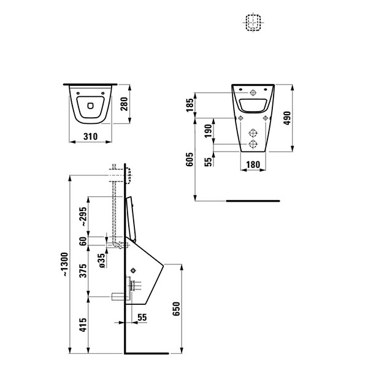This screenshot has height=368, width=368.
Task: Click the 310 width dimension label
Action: click(x=90, y=136)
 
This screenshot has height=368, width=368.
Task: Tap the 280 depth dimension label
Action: click(x=124, y=104)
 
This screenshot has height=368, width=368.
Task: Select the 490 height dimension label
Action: click(x=287, y=118)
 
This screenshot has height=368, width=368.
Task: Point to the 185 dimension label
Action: click(x=190, y=105)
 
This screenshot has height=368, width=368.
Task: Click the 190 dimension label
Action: click(x=208, y=131)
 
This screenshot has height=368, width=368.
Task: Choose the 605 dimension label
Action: click(x=190, y=159)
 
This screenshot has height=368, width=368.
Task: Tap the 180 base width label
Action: click(x=253, y=164)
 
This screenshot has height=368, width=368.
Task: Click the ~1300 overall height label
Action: click(x=64, y=264)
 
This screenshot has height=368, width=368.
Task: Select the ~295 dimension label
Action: click(x=83, y=217)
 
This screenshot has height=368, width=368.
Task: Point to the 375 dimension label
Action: click(x=83, y=270)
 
